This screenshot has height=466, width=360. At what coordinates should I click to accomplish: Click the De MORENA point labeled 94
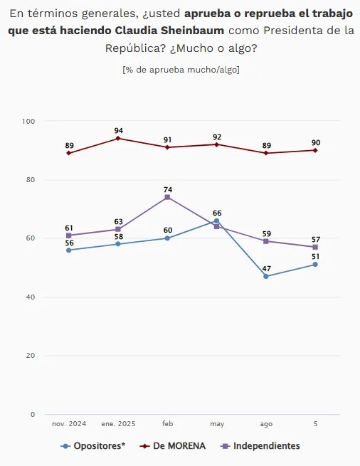118,138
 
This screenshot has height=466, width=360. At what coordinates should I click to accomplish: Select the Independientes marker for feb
167,197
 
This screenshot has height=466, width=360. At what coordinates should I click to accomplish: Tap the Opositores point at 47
266,276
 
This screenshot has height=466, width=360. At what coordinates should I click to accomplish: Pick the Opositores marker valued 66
217,221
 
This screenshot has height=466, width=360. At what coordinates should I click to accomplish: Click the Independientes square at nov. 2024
69,235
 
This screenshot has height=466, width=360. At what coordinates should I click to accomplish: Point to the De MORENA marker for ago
266,153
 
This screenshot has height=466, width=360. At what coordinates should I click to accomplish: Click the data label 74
168,190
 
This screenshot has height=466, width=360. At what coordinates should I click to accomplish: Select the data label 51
315,257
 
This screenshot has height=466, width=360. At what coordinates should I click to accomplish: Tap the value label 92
217,137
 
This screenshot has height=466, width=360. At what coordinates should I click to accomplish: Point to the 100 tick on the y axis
28,121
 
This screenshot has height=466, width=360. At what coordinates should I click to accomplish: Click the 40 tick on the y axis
31,297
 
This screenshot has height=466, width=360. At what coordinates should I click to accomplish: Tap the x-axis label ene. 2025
118,424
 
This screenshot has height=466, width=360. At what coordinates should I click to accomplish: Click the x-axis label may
217,424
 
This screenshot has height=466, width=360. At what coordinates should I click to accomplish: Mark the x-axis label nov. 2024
69,424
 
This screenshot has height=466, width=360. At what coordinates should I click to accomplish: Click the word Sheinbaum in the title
193,31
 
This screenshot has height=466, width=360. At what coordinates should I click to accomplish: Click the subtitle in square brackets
181,70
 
